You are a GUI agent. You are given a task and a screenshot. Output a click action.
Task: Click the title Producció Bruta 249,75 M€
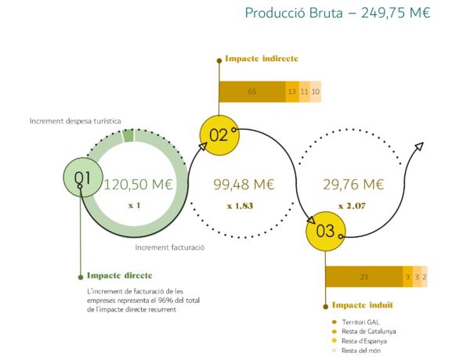point(337,13)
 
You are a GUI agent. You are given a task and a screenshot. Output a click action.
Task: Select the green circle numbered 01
point(83,178)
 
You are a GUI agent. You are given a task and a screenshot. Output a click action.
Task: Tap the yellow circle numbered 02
point(219,135)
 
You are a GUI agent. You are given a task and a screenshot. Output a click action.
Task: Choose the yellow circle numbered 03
point(325,231)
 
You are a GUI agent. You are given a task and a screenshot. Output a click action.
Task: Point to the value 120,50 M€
point(138,185)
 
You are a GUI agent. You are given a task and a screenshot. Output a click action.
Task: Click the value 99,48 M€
point(244,185)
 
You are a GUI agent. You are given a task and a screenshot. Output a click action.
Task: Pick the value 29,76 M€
point(352,185)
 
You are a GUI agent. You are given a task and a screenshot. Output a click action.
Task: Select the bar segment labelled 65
point(252,92)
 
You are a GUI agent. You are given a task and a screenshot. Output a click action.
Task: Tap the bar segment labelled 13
point(292,92)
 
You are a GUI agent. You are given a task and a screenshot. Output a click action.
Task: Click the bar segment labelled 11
point(304,92)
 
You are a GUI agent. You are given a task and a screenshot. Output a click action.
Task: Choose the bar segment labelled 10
point(316,92)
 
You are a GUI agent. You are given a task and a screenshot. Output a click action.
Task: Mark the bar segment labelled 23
point(363,276)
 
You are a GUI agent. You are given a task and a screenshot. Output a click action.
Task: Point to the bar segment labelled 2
point(425,276)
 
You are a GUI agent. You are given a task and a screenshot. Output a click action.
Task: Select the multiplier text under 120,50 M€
point(134,205)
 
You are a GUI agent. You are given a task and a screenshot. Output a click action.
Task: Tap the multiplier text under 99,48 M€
point(240,206)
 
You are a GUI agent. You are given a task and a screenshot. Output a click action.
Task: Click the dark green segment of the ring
point(128,136)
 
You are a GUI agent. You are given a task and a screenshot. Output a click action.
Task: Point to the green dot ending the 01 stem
point(80,277)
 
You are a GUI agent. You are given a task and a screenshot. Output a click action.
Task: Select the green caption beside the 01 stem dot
point(119,275)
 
